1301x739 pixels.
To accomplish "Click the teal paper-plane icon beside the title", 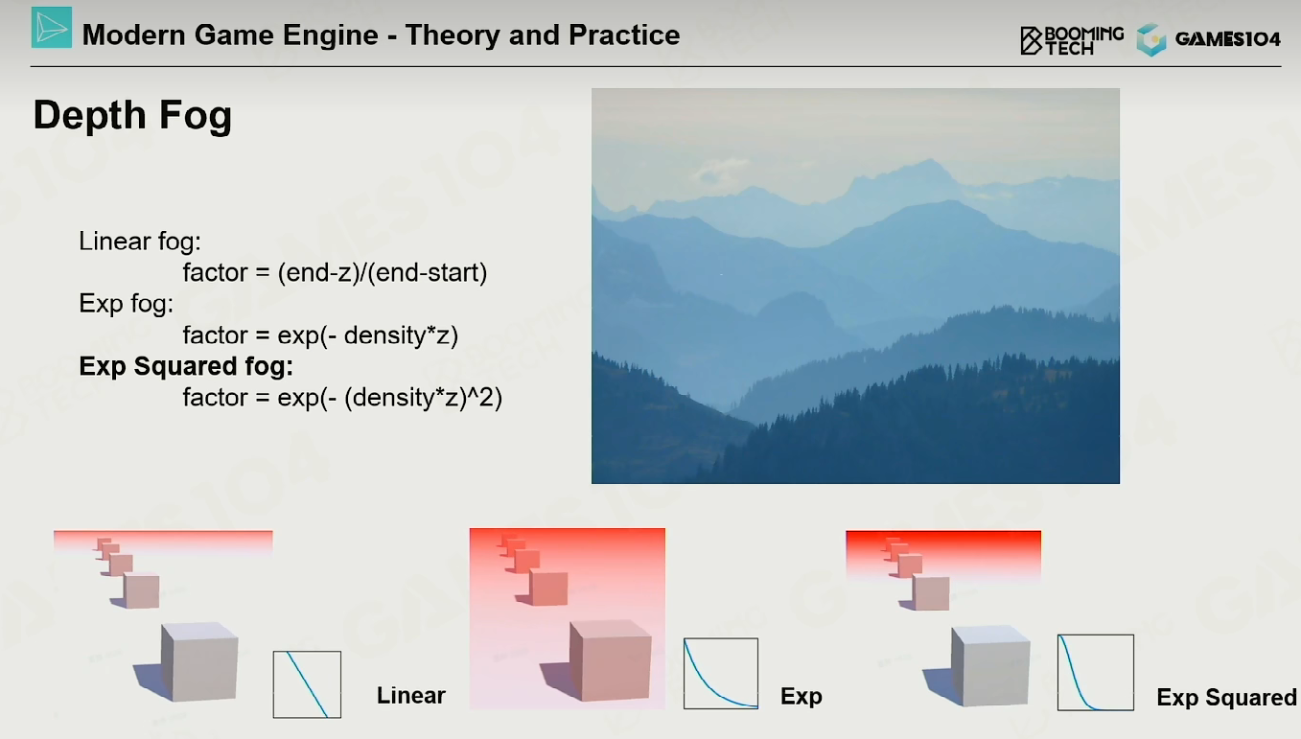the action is (x=52, y=27).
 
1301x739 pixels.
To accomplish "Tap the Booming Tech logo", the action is (x=1072, y=40).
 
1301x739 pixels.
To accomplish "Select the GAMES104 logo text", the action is (x=1227, y=39).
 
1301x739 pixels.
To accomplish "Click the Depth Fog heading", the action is (x=132, y=115).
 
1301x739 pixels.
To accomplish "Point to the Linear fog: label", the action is (x=140, y=242).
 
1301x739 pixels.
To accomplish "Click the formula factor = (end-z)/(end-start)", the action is (x=336, y=272).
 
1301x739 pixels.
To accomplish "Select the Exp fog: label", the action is (x=126, y=304).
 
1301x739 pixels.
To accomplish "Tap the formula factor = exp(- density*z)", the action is (x=320, y=335).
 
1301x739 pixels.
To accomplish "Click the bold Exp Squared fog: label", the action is (x=186, y=366).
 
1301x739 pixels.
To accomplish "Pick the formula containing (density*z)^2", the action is (x=342, y=398).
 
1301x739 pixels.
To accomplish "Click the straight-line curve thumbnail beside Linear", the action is (x=307, y=684).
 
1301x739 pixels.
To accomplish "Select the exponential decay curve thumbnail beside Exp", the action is (x=721, y=674).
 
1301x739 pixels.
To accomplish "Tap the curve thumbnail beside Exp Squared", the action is (x=1096, y=672).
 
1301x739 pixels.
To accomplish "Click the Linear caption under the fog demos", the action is (x=411, y=696).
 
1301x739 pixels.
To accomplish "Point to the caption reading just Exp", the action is (x=802, y=697).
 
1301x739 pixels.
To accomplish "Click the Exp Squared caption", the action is (x=1226, y=697).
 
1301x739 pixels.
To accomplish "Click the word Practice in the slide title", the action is (x=624, y=35).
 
